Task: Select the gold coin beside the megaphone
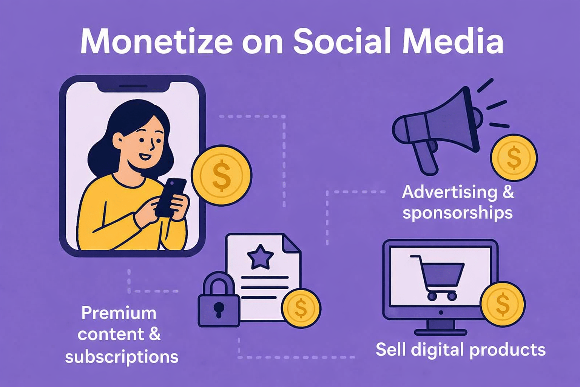(514, 158)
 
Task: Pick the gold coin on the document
(301, 308)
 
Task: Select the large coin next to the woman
(221, 175)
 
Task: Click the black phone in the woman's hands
(171, 197)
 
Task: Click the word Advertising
(450, 192)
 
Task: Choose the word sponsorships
(457, 213)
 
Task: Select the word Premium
(119, 313)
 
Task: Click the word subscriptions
(122, 357)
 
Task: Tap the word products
(507, 350)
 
